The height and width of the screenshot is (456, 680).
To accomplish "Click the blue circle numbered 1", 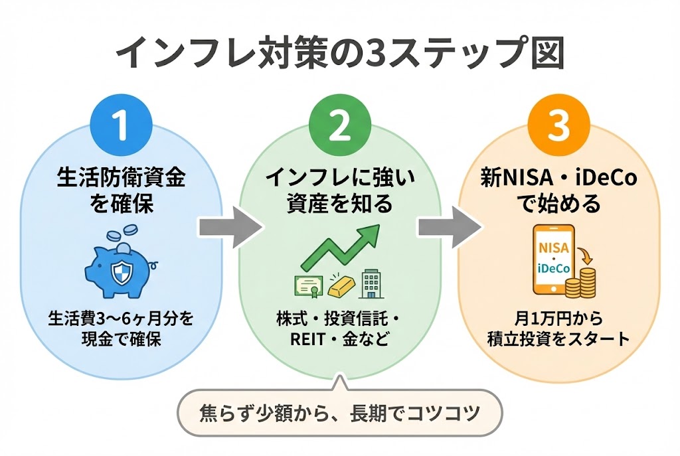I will (x=120, y=125).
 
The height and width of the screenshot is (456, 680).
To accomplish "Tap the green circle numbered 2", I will (x=339, y=125).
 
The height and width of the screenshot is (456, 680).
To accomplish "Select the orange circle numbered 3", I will (x=558, y=125).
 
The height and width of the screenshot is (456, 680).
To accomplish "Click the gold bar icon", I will (x=339, y=283).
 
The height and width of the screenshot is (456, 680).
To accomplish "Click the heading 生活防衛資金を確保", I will (x=120, y=190).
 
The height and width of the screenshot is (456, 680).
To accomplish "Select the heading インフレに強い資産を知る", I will (x=339, y=190).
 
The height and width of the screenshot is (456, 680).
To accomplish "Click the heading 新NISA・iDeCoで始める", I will (x=558, y=190).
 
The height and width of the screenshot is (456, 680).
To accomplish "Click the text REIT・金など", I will (x=339, y=339).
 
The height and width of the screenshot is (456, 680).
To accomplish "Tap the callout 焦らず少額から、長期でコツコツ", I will (x=339, y=413).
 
